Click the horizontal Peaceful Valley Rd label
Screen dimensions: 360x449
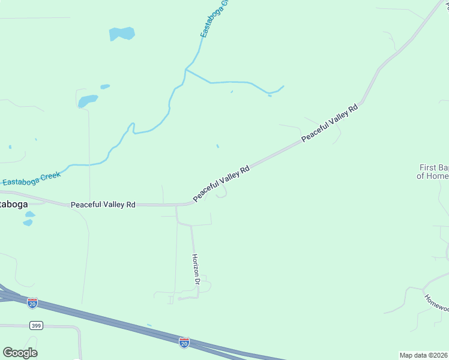[x=103, y=205]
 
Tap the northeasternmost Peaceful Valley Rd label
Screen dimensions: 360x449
[x=330, y=123]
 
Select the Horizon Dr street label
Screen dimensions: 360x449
[x=196, y=269]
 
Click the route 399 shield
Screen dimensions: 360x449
[x=35, y=325]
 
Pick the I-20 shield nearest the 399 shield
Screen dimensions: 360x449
[x=32, y=304]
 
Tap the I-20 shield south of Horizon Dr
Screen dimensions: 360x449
[x=184, y=342]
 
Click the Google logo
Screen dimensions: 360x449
[x=20, y=353]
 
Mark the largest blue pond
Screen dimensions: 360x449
[x=122, y=34]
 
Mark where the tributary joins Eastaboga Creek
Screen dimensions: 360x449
[x=186, y=70]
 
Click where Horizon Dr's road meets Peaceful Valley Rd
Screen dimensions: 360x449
[x=176, y=205]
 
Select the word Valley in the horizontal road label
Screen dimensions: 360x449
[x=107, y=205]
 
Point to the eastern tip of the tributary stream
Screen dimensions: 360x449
[x=283, y=86]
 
